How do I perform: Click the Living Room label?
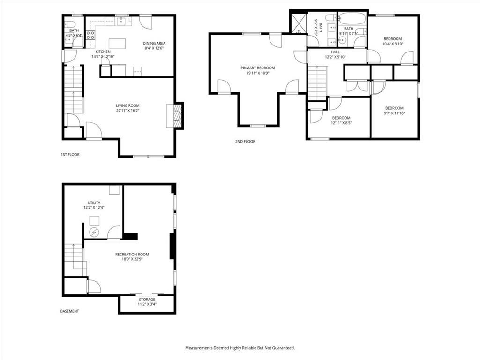click(x=127, y=105)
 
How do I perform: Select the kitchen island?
click(x=117, y=43)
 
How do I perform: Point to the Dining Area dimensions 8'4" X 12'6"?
click(x=154, y=48)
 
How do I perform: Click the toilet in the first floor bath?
click(x=69, y=24)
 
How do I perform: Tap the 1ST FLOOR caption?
click(x=70, y=155)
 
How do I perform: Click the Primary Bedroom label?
click(x=258, y=68)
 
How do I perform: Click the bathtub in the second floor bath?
click(x=352, y=19)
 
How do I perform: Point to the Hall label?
click(x=335, y=52)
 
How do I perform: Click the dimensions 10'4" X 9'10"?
click(x=393, y=44)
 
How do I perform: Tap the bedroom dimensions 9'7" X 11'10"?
click(x=394, y=113)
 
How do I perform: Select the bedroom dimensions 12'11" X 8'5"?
click(x=341, y=123)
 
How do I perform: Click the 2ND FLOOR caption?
click(x=245, y=142)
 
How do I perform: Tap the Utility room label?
click(x=94, y=202)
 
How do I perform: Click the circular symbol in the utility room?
click(x=94, y=232)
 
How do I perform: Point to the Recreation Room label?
click(x=132, y=255)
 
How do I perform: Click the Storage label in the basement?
click(x=147, y=300)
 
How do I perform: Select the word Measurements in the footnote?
click(x=198, y=348)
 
